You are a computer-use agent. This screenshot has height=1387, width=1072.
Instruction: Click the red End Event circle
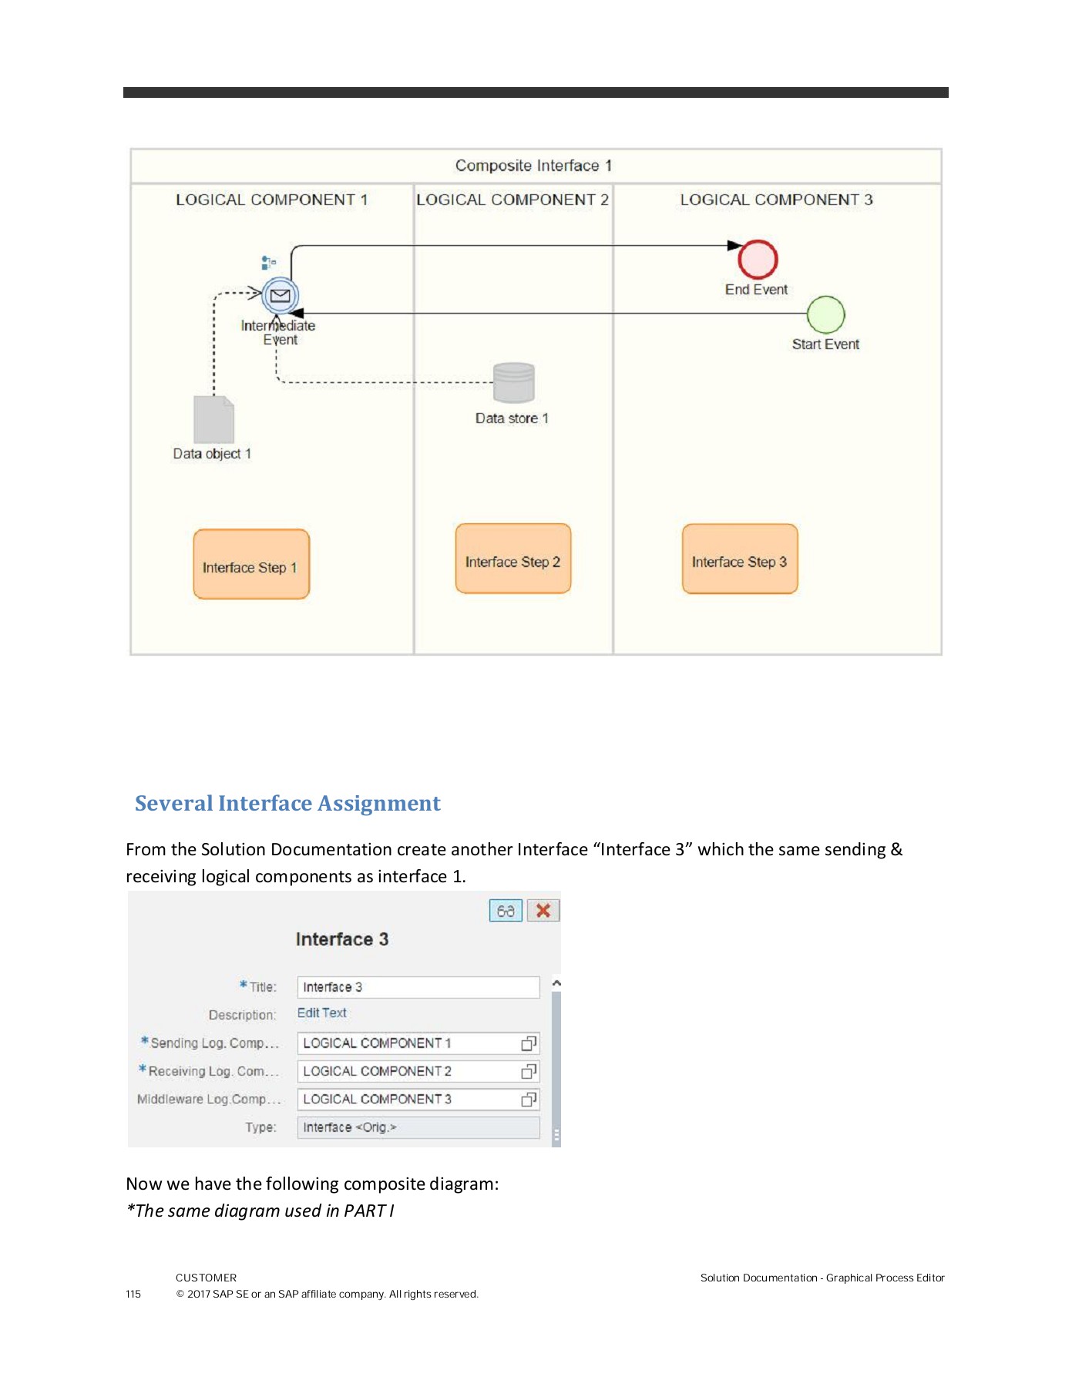pyautogui.click(x=758, y=260)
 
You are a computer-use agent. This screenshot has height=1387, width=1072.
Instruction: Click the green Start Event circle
pyautogui.click(x=825, y=314)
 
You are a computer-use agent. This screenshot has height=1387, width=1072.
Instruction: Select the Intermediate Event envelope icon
pyautogui.click(x=280, y=295)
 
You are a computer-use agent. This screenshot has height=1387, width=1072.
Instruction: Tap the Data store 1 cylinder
pyautogui.click(x=513, y=383)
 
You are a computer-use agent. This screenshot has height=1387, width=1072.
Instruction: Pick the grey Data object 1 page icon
pyautogui.click(x=213, y=419)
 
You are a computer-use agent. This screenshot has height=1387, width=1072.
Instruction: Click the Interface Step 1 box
pyautogui.click(x=251, y=564)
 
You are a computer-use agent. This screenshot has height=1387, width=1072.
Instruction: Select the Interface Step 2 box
pyautogui.click(x=512, y=559)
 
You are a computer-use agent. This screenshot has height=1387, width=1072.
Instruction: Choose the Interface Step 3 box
pyautogui.click(x=739, y=559)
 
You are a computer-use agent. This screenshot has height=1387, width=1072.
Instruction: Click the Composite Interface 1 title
pyautogui.click(x=533, y=166)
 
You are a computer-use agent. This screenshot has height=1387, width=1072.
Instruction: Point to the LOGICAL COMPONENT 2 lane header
pyautogui.click(x=512, y=200)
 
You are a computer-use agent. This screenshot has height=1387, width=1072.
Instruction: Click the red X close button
pyautogui.click(x=543, y=911)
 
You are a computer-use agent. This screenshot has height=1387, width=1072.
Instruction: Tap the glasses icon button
pyautogui.click(x=506, y=911)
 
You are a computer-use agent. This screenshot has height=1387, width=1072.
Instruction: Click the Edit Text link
pyautogui.click(x=322, y=1013)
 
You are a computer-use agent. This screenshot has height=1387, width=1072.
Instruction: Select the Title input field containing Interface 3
pyautogui.click(x=418, y=987)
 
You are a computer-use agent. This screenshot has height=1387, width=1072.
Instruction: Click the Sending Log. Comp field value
pyautogui.click(x=408, y=1043)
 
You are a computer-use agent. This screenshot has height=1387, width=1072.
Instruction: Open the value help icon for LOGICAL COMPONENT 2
pyautogui.click(x=529, y=1072)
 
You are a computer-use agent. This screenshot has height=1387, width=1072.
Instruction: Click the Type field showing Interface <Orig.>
pyautogui.click(x=418, y=1127)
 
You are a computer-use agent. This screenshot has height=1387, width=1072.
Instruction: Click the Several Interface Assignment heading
pyautogui.click(x=287, y=803)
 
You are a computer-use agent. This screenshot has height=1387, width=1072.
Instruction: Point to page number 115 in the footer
pyautogui.click(x=133, y=1294)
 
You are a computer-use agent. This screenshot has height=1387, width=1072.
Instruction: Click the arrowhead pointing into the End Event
pyautogui.click(x=734, y=246)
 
